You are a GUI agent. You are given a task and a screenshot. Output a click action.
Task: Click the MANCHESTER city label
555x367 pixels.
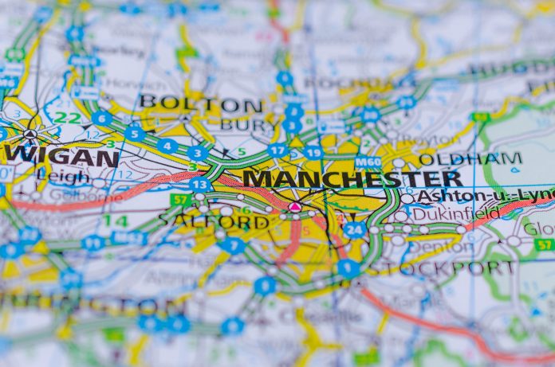352,178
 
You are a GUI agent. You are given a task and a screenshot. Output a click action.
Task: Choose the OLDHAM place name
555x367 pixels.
470,158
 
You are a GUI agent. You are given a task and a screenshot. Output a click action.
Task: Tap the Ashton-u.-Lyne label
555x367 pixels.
485,195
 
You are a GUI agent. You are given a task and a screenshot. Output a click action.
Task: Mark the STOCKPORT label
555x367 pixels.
441,267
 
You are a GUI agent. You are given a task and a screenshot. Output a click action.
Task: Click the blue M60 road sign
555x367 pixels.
368,162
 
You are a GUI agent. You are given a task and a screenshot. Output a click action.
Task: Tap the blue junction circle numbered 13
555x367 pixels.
200,185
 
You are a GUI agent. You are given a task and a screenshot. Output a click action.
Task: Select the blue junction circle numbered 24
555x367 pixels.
354,230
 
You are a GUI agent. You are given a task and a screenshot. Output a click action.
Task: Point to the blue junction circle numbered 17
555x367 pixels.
277,150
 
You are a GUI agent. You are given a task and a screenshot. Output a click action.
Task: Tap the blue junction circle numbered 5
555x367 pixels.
135,134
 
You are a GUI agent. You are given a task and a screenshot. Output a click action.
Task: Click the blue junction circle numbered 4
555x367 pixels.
167,146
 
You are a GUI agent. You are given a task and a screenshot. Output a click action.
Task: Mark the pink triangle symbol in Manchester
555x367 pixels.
294,207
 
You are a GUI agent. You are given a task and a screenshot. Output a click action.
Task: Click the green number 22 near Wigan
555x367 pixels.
73,118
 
